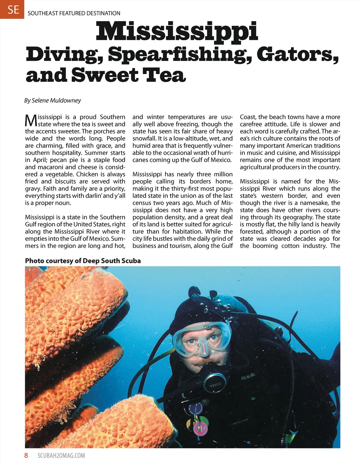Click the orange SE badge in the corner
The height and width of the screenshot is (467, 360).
(12, 9)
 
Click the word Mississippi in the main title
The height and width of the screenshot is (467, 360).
(177, 32)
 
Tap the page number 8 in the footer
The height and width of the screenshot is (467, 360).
(26, 456)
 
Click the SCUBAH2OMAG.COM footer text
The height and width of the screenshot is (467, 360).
(61, 456)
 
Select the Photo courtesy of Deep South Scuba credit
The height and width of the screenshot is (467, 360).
(83, 261)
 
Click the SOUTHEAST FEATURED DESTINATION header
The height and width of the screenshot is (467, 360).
(74, 13)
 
